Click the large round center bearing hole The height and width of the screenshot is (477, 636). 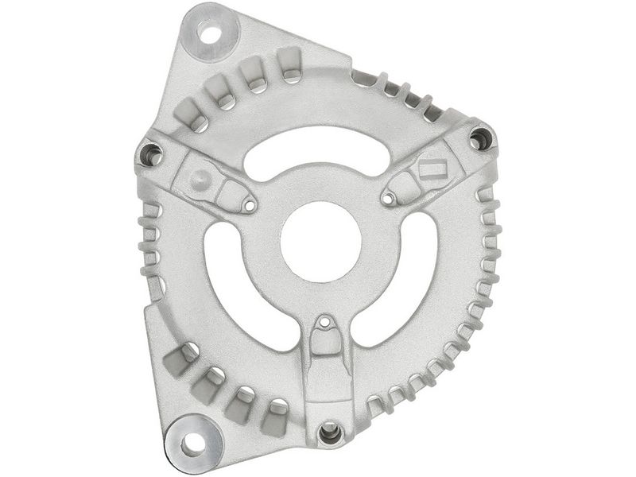click(x=321, y=241)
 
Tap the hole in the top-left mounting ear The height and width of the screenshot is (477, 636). click(x=210, y=34)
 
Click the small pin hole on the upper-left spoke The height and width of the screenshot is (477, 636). click(x=250, y=206)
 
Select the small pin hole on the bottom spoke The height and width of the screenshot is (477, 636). click(x=324, y=324)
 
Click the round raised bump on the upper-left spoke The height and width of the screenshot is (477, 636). click(x=202, y=176)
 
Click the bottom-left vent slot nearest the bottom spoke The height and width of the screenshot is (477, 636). click(x=275, y=415)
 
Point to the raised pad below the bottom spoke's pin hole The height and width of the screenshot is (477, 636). click(x=324, y=343)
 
